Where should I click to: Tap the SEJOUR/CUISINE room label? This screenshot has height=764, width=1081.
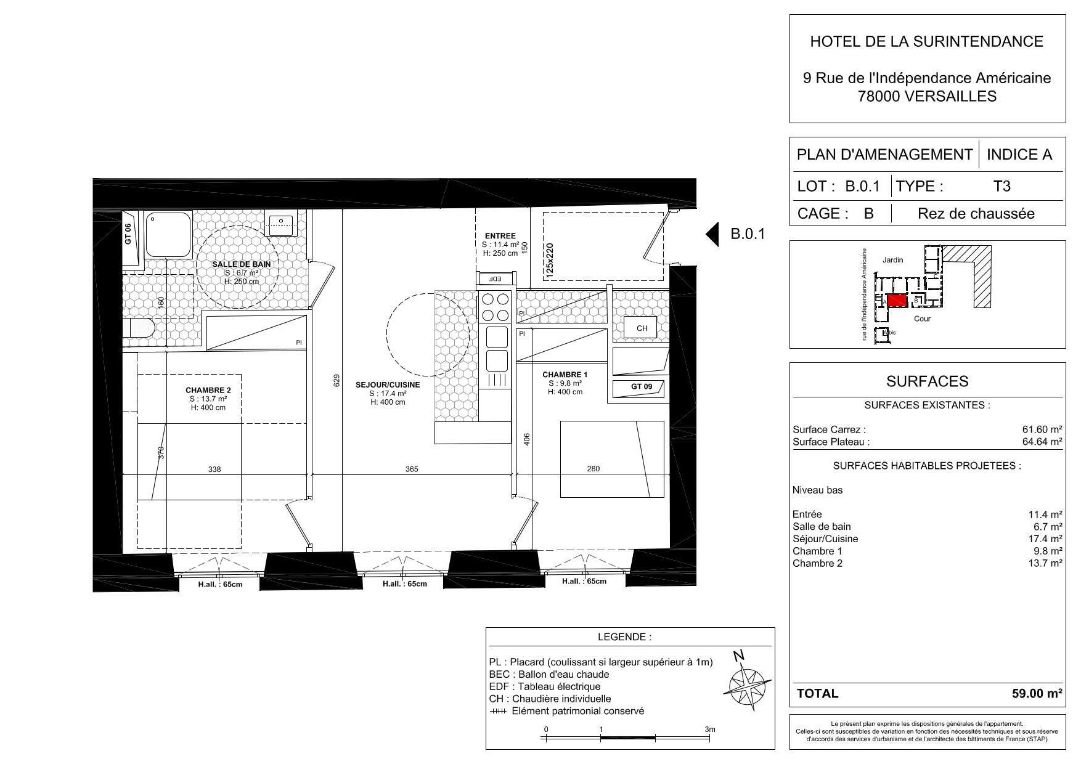[388, 385]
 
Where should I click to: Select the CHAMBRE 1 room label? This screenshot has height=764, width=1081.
[565, 375]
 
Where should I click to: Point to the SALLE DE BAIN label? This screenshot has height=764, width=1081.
[242, 264]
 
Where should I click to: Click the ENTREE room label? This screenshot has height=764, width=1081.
[500, 236]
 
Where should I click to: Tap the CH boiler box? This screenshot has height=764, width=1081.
[642, 328]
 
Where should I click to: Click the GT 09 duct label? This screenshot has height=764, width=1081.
[641, 387]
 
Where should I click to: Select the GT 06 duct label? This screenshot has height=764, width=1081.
[128, 234]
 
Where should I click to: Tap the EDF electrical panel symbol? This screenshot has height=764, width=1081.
[494, 278]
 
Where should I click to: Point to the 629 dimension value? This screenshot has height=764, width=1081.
[337, 381]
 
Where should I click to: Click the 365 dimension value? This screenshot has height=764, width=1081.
[412, 469]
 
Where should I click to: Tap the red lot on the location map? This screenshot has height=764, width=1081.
[897, 301]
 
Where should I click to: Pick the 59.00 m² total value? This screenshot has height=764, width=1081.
[1037, 694]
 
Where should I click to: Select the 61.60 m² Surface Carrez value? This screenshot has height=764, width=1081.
[1042, 430]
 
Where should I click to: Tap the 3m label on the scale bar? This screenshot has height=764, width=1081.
[710, 729]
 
